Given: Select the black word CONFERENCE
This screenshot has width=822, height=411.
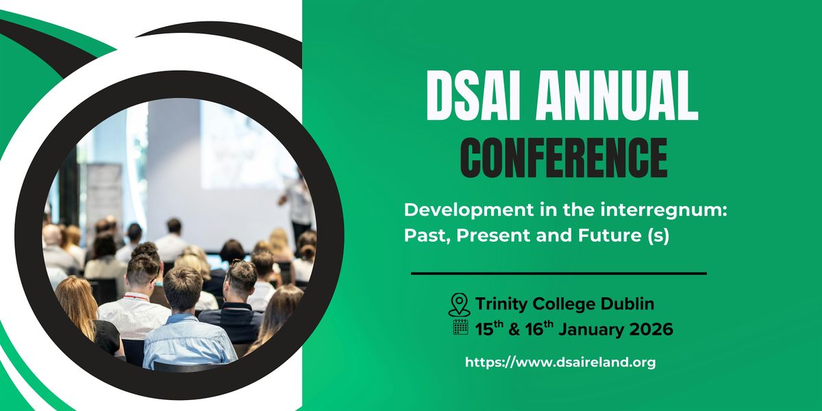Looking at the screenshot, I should point(563,158).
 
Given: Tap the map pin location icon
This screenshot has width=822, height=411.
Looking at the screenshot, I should point(460,303).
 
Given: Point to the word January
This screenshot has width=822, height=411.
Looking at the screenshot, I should point(587,329).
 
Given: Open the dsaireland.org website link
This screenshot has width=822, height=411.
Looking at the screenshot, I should point(560,362).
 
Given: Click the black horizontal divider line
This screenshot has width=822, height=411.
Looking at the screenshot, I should point(558,273).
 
